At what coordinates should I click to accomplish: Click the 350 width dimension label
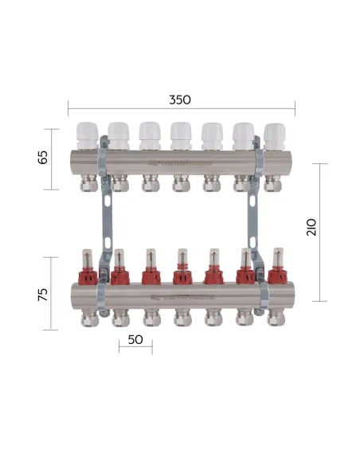181,101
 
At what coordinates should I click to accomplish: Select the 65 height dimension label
44,157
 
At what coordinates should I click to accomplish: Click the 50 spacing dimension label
135,339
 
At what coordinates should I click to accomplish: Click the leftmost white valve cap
86,135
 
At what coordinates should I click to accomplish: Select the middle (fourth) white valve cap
180,135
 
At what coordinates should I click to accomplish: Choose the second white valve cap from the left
118,135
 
